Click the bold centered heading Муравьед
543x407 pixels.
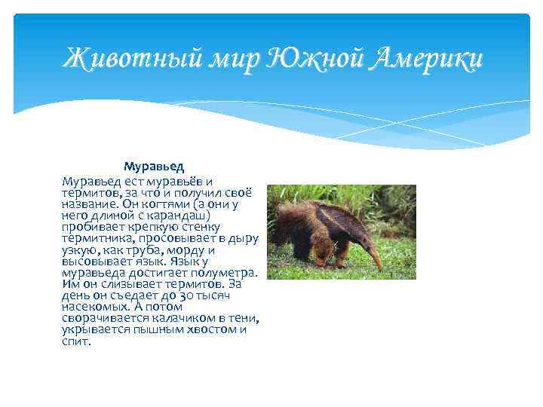tap(154, 165)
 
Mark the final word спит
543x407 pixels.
tap(76, 341)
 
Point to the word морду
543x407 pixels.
tap(182, 250)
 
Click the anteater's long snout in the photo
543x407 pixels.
tap(373, 255)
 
